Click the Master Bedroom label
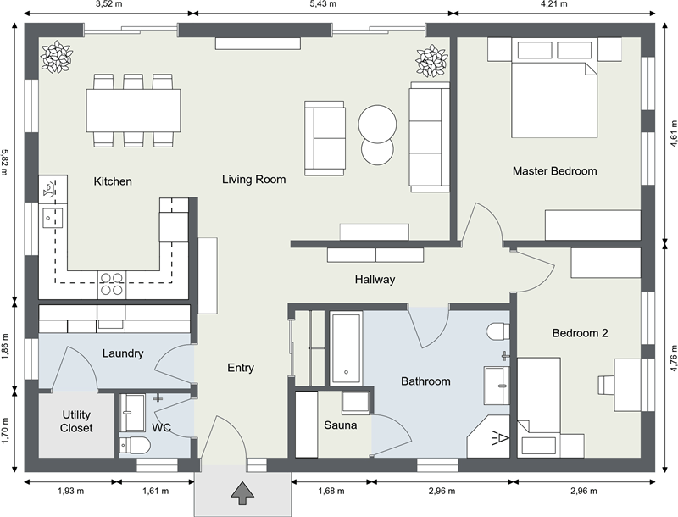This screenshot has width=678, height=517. (x=554, y=171)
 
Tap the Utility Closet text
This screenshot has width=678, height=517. (x=76, y=421)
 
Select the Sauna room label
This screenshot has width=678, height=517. (x=340, y=425)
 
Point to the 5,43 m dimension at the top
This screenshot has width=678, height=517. (x=321, y=4)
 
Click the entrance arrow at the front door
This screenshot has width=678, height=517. (x=242, y=491)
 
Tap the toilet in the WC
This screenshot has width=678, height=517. (x=136, y=445)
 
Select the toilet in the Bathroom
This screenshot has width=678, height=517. (x=497, y=330)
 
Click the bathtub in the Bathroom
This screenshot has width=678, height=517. (x=347, y=347)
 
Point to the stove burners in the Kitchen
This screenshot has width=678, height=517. (x=112, y=283)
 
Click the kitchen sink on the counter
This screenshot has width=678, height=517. (x=47, y=218)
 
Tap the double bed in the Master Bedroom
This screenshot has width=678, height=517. (x=554, y=98)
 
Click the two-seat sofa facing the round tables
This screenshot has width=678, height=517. (x=325, y=137)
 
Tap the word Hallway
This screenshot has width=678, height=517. (x=375, y=279)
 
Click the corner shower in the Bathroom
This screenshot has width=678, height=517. (x=492, y=436)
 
